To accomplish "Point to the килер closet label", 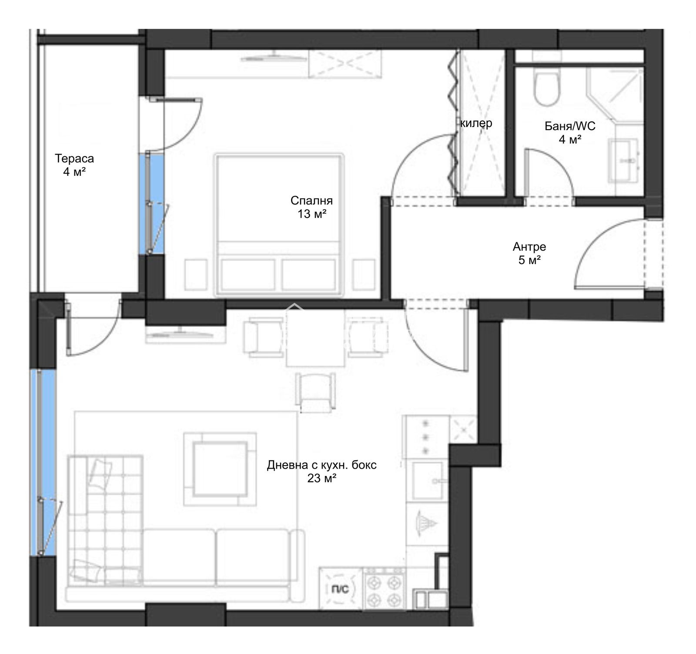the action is tap(476, 123).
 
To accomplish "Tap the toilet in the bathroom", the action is tap(545, 89).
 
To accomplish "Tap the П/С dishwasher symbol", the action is tap(340, 589).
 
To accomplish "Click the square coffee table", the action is tap(220, 469).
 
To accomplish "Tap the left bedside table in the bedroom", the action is tap(195, 275).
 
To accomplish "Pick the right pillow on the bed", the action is tap(309, 275).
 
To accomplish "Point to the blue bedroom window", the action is tap(151, 203).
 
